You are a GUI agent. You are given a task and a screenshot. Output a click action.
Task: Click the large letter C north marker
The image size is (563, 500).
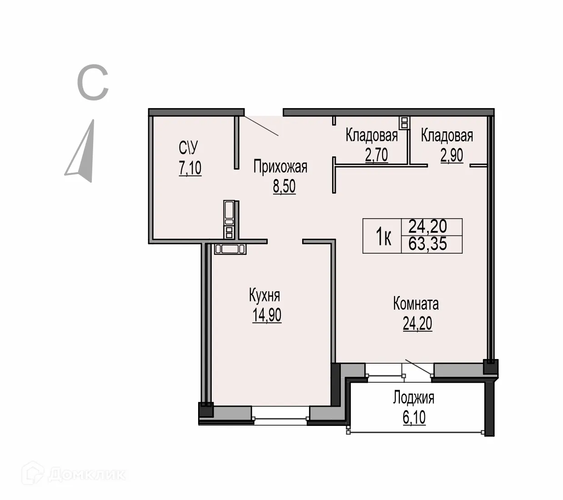pos(93,83)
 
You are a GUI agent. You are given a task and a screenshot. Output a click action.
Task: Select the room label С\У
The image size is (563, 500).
pos(189,148)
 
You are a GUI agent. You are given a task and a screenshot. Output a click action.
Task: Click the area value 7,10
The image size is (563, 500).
pos(190,168)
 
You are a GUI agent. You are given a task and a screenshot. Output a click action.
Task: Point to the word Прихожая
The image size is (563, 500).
pos(280,167)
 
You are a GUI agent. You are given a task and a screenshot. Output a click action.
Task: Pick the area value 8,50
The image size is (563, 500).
pos(284,186)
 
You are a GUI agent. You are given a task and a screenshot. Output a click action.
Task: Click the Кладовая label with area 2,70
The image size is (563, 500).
pos(371,135)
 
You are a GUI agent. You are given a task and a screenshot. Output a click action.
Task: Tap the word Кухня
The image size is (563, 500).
pos(264,295)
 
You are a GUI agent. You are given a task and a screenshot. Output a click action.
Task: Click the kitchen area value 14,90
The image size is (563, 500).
pos(267,315)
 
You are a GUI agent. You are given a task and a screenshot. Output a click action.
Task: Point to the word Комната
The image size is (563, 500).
pos(416,304)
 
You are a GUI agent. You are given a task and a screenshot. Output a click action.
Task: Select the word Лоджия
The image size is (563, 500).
pos(414,398)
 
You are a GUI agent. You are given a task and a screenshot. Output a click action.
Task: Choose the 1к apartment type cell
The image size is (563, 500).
pos(383,236)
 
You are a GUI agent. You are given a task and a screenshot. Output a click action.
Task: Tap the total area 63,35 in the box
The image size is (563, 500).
pos(428,244)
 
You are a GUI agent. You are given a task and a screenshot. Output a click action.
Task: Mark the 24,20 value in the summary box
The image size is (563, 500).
pos(428,226)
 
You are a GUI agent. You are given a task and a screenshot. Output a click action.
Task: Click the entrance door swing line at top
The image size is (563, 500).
pos(261,126)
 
